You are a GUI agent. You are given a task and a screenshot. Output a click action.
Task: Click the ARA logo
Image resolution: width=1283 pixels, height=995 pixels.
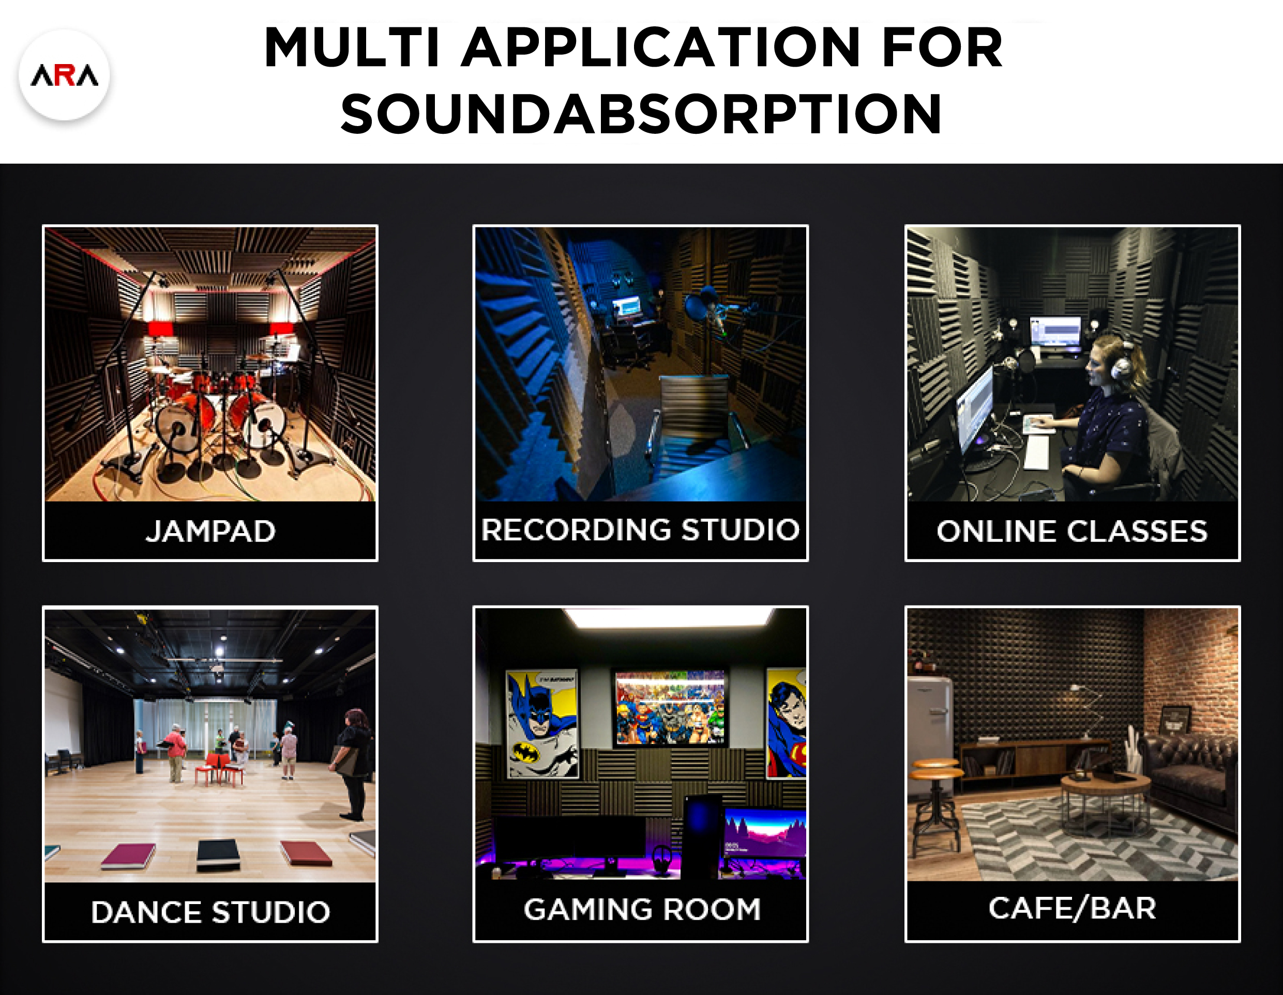(64, 75)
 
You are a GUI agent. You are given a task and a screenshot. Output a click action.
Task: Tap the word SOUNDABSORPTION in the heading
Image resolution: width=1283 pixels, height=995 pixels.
(641, 114)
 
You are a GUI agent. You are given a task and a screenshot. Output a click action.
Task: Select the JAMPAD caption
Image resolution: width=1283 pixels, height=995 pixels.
(210, 531)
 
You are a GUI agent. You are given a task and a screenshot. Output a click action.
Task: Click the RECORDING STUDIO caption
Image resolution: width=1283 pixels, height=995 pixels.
(640, 530)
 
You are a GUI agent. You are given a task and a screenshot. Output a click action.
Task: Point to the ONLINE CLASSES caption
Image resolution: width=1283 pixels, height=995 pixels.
(1072, 531)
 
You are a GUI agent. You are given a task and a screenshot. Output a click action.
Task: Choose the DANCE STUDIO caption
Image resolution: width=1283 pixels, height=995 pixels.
(210, 912)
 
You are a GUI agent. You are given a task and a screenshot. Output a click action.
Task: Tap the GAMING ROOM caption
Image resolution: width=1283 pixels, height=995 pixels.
(641, 909)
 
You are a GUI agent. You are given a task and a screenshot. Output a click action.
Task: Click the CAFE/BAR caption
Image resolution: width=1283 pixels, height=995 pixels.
(1072, 908)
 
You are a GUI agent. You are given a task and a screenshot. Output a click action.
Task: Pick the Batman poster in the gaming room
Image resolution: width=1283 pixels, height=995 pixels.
(541, 724)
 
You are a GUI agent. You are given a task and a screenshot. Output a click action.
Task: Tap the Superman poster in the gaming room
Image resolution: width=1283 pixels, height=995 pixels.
(786, 723)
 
